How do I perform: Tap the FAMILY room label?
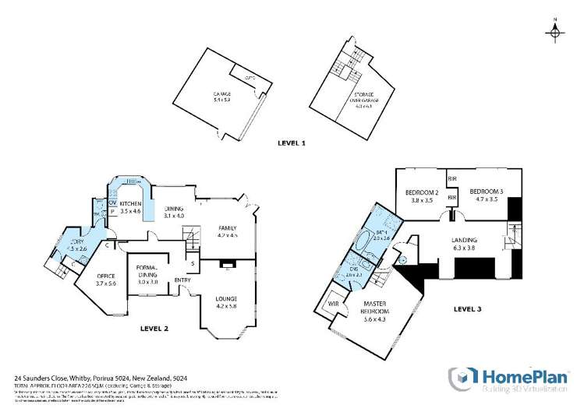pyautogui.click(x=227, y=227)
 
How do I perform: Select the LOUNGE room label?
pyautogui.click(x=226, y=299)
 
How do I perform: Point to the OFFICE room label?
pyautogui.click(x=105, y=276)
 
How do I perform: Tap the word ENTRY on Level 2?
pyautogui.click(x=182, y=280)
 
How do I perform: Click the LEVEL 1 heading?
pyautogui.click(x=292, y=144)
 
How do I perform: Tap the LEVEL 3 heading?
pyautogui.click(x=467, y=309)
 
